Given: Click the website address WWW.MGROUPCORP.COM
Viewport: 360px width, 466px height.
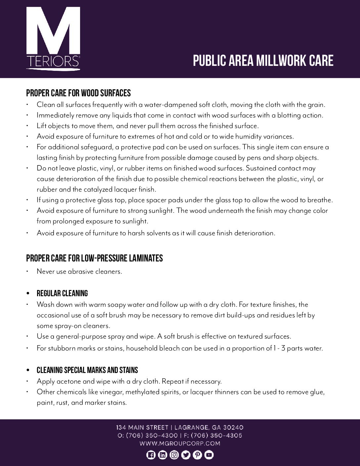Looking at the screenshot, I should click(180, 443).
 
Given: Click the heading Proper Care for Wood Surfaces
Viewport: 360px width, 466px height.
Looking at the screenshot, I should click(78, 93).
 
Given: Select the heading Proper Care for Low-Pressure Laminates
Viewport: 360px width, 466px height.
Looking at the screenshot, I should click(94, 258).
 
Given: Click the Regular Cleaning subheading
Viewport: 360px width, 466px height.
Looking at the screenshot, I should click(62, 293).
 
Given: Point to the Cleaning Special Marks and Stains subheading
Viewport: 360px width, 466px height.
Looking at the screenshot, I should click(87, 370).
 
